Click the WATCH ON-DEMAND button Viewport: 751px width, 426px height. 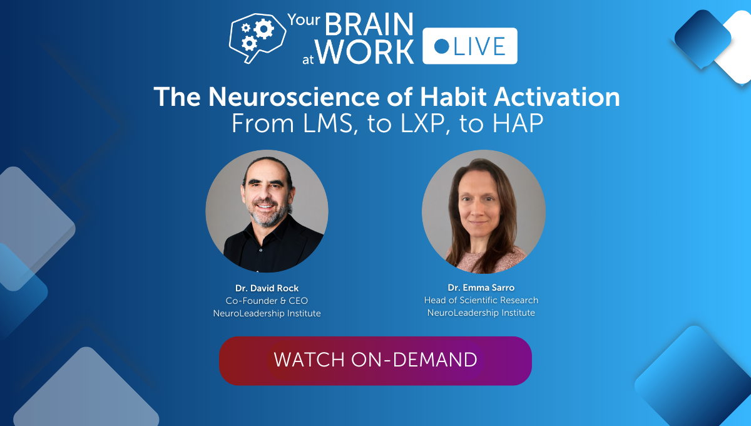375,360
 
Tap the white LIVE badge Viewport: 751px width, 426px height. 469,46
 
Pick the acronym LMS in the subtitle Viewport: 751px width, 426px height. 319,123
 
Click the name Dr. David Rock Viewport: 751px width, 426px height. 267,288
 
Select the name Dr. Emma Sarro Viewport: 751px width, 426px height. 481,288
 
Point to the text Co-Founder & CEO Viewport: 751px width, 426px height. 267,301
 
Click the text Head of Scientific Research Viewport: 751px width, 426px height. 481,300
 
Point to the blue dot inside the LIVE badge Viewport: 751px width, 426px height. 442,46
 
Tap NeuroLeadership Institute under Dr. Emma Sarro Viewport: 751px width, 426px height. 481,313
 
